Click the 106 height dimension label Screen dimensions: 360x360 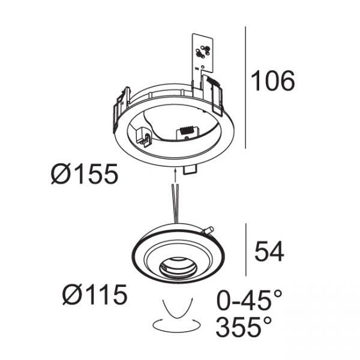(273, 80)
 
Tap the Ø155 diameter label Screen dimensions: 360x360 (84, 174)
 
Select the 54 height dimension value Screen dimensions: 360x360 (269, 251)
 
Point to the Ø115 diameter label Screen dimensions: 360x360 (95, 294)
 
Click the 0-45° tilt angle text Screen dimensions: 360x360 (249, 300)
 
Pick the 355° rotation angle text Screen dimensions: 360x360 (244, 326)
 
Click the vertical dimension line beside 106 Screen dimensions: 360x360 (245, 88)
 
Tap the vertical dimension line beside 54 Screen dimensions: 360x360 (246, 250)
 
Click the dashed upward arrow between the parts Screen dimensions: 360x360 (175, 176)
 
